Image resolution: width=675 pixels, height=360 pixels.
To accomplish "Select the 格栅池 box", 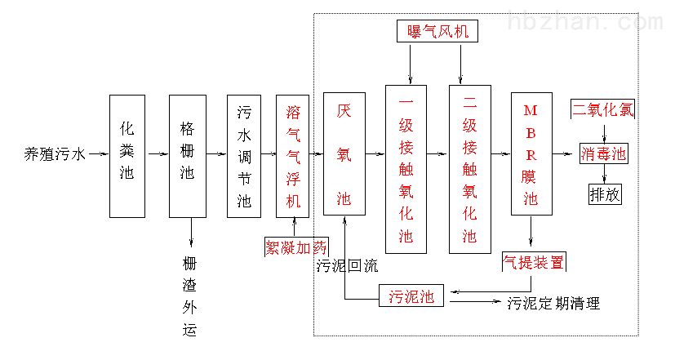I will click(x=188, y=155).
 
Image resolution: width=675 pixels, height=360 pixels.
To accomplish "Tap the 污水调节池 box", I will click(x=244, y=155).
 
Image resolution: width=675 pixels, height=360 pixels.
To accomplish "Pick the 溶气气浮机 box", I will click(x=293, y=155).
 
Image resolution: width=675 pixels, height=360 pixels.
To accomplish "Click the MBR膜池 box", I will click(x=531, y=155).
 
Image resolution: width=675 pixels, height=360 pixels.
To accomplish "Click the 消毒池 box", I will click(x=604, y=153).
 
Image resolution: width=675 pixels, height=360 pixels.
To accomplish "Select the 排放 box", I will click(x=604, y=194).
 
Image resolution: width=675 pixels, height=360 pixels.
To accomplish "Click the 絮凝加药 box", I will click(x=295, y=246).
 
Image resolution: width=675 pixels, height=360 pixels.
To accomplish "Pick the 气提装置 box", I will click(x=534, y=262).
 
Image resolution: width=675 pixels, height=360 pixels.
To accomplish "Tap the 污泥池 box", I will click(x=411, y=296).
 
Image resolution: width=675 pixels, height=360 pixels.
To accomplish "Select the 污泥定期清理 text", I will click(x=553, y=304).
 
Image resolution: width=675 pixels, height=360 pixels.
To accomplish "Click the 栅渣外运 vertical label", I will click(x=190, y=296).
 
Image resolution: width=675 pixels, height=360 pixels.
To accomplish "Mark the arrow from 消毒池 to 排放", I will click(x=604, y=174).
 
